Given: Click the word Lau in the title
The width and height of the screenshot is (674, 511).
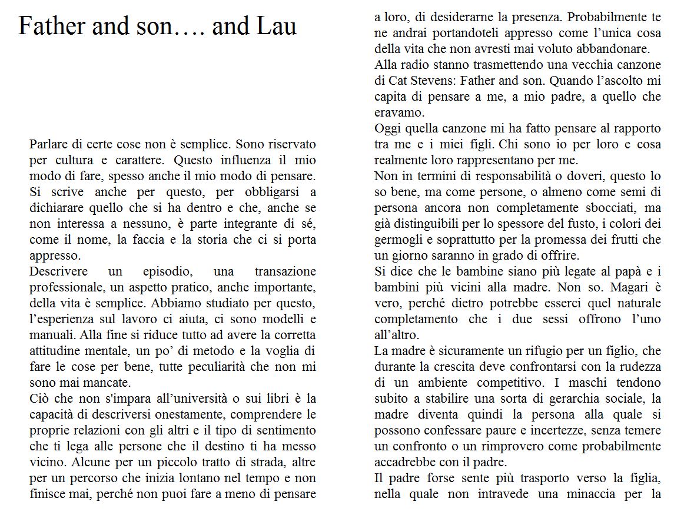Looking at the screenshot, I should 277,26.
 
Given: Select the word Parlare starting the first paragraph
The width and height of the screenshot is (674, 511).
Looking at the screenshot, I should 48,144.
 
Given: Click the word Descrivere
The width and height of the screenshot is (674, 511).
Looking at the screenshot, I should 58,271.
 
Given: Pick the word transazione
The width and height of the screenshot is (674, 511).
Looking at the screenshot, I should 285,271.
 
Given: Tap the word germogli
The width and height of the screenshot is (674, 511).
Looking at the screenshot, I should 397,240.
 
